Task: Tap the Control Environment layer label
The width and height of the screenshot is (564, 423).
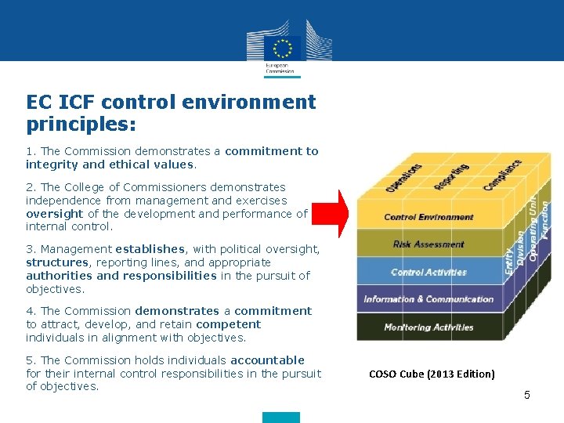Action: [x=428, y=217]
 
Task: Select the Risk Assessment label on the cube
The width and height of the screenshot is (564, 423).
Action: [x=428, y=244]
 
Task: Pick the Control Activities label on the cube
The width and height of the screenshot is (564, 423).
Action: [x=428, y=273]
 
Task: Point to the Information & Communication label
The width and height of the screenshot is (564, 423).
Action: [x=428, y=299]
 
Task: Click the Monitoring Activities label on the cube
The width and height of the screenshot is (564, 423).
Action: [x=428, y=327]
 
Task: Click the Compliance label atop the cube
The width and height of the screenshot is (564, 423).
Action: [x=503, y=175]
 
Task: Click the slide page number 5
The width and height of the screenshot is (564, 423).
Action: [x=527, y=396]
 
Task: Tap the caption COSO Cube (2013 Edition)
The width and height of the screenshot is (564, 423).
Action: [x=432, y=374]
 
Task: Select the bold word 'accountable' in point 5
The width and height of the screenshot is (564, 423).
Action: [x=267, y=360]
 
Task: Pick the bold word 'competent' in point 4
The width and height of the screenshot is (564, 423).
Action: [x=228, y=324]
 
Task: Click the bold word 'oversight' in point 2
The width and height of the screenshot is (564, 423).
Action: [x=55, y=214]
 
